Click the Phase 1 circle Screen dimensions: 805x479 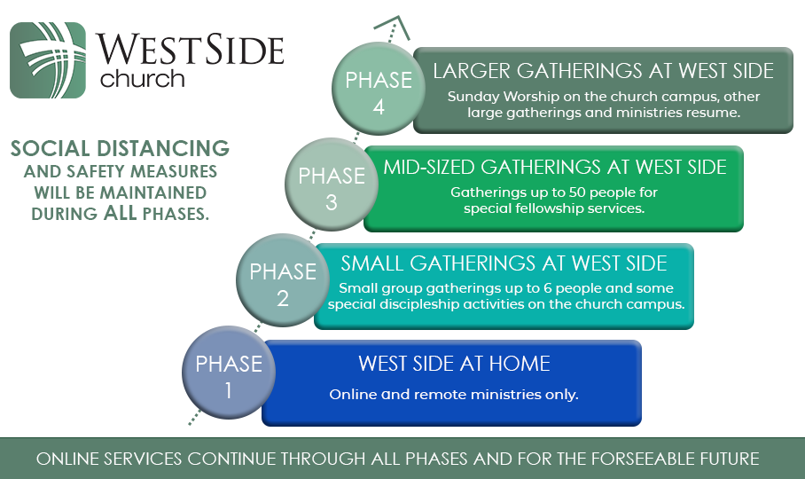pyautogui.click(x=229, y=373)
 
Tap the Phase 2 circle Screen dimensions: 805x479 pyautogui.click(x=283, y=280)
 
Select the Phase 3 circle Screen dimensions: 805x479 pyautogui.click(x=332, y=185)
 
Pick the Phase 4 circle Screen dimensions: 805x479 pyautogui.click(x=379, y=89)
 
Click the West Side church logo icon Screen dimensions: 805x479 pyautogui.click(x=48, y=60)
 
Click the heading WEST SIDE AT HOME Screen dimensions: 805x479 pyautogui.click(x=454, y=364)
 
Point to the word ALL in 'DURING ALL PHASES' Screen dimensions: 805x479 pyautogui.click(x=121, y=213)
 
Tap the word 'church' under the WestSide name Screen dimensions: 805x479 pyautogui.click(x=143, y=79)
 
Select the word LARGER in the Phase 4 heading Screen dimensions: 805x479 pyautogui.click(x=472, y=71)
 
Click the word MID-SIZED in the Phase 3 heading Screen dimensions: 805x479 pyautogui.click(x=429, y=168)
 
